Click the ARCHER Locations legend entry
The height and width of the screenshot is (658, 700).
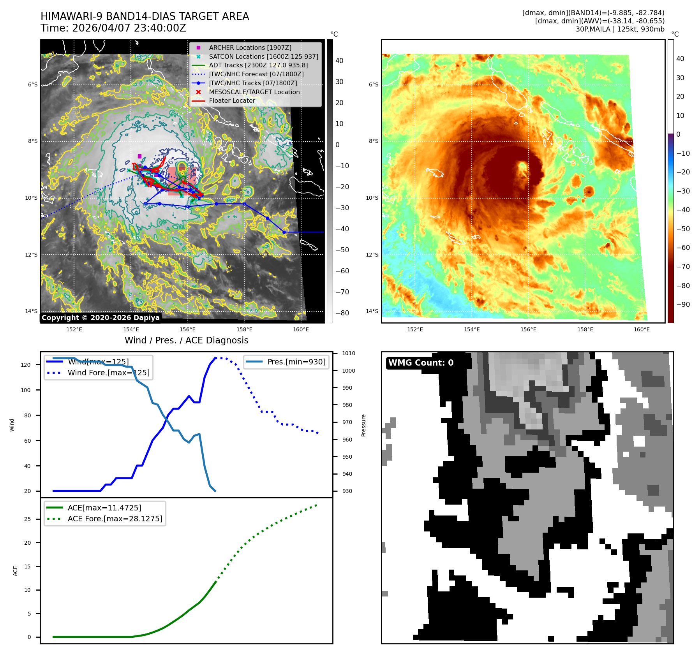click(x=250, y=48)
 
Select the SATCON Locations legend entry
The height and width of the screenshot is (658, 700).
click(x=263, y=56)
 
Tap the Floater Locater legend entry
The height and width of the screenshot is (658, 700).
click(x=232, y=100)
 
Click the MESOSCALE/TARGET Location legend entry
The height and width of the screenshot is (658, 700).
click(x=254, y=92)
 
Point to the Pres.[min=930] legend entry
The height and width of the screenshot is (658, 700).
click(x=296, y=362)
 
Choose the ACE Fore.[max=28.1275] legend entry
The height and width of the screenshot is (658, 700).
click(x=115, y=519)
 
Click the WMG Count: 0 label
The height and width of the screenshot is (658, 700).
click(x=421, y=362)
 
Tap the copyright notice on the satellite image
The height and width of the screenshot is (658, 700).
click(x=101, y=318)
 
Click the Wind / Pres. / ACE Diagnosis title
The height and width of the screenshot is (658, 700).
click(x=186, y=340)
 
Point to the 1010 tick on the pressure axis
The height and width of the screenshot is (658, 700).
click(x=349, y=353)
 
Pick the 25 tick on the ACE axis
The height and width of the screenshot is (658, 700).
click(x=27, y=519)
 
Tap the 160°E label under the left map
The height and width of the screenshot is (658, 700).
click(x=301, y=329)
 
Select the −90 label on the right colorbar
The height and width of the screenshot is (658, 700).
click(x=683, y=304)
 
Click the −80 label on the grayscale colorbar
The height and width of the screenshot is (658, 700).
click(x=342, y=313)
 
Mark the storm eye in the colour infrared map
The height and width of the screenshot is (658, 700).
click(x=522, y=167)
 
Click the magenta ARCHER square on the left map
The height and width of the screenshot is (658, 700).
click(x=139, y=156)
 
